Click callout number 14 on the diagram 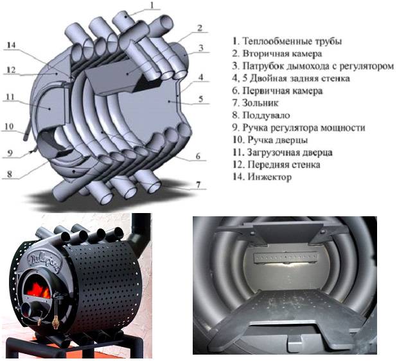11,46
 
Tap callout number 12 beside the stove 11,70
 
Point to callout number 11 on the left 10,97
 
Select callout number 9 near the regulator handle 10,153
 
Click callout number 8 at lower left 10,174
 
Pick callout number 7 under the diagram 198,185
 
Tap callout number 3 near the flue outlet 201,48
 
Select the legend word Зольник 260,103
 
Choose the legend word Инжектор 270,177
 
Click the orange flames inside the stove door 39,291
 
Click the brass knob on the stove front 55,322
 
